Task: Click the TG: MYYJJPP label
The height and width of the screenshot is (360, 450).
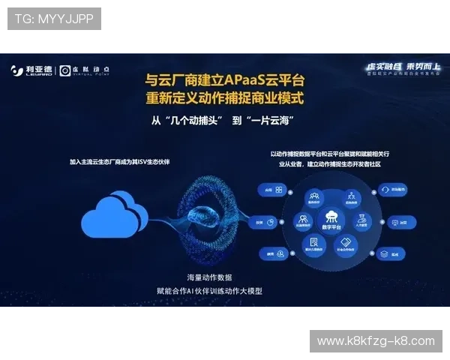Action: (x=54, y=19)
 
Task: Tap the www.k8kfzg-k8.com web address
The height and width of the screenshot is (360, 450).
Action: (x=375, y=341)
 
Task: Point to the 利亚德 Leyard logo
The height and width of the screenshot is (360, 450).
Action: (x=32, y=70)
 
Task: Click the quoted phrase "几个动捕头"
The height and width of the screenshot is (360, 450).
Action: (x=187, y=121)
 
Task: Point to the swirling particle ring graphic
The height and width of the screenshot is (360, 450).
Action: (x=217, y=218)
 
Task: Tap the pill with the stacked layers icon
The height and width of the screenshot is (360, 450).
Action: (x=388, y=255)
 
